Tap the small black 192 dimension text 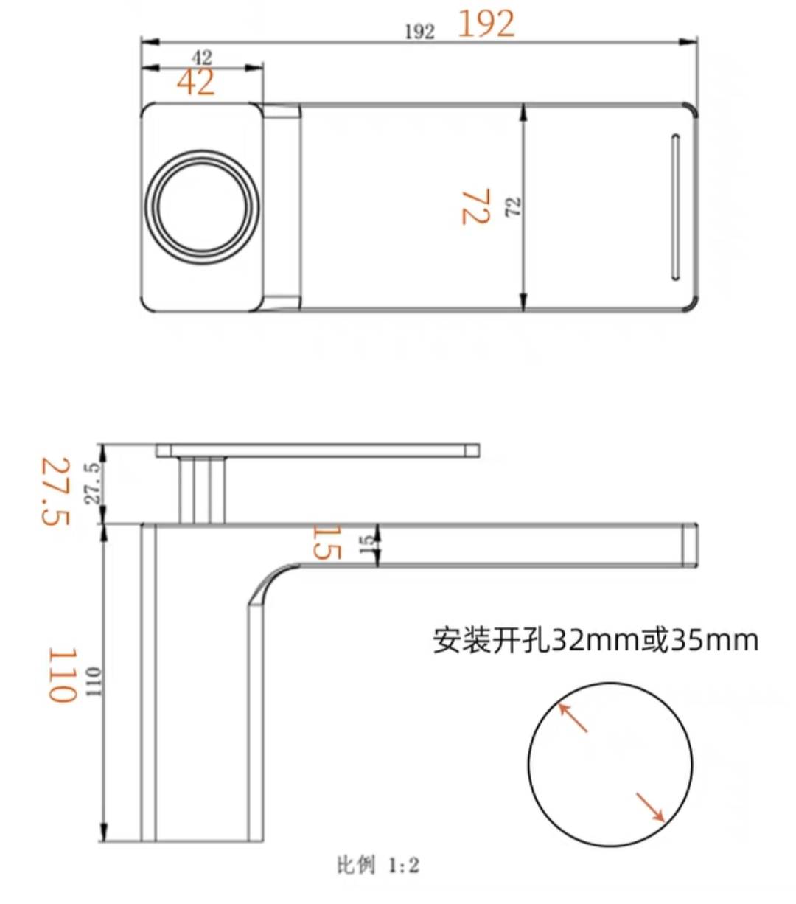[x=419, y=31]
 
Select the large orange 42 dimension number [x=196, y=82]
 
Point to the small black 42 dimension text [x=201, y=57]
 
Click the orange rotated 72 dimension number [x=475, y=207]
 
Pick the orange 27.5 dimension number [x=55, y=491]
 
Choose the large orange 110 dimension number [x=63, y=675]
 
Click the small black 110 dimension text [x=94, y=682]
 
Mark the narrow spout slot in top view [x=674, y=207]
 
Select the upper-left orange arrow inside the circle [x=573, y=717]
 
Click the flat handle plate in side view [x=318, y=450]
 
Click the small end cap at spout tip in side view [x=688, y=544]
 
